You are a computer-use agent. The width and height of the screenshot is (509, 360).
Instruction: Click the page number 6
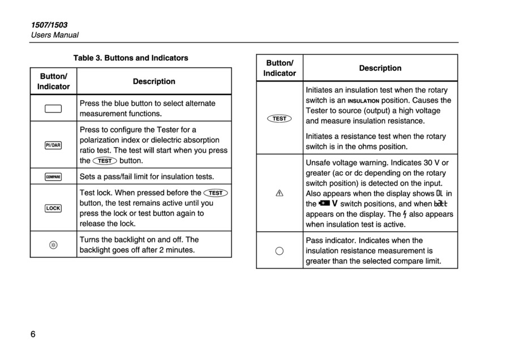pyautogui.click(x=33, y=334)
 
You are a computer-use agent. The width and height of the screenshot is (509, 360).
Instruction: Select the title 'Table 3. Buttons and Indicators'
pyautogui.click(x=131, y=58)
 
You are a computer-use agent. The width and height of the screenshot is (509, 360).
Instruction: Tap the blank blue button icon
pyautogui.click(x=53, y=109)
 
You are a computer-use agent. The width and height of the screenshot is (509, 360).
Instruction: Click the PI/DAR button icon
pyautogui.click(x=53, y=145)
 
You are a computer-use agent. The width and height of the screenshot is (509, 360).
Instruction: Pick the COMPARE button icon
pyautogui.click(x=53, y=177)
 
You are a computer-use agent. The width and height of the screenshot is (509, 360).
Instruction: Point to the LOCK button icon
pyautogui.click(x=53, y=208)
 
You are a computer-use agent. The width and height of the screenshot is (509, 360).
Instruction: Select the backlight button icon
pyautogui.click(x=53, y=245)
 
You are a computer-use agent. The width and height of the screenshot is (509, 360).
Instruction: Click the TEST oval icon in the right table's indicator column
pyautogui.click(x=279, y=119)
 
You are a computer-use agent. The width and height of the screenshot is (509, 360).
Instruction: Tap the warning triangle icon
pyautogui.click(x=279, y=193)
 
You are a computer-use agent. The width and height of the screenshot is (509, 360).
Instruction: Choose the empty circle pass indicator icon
pyautogui.click(x=279, y=251)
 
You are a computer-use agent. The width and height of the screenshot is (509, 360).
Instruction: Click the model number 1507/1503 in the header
pyautogui.click(x=49, y=25)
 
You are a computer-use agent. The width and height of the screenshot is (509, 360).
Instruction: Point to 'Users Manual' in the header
pyautogui.click(x=54, y=35)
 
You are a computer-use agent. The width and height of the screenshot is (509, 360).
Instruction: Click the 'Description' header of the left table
pyautogui.click(x=154, y=81)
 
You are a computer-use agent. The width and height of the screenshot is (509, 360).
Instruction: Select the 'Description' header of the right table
pyautogui.click(x=380, y=68)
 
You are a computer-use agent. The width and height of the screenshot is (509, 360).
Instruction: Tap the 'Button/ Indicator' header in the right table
pyautogui.click(x=280, y=68)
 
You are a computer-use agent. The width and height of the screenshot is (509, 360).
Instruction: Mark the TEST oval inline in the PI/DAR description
pyautogui.click(x=105, y=161)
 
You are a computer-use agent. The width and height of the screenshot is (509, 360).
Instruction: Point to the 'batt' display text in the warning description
pyautogui.click(x=441, y=204)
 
